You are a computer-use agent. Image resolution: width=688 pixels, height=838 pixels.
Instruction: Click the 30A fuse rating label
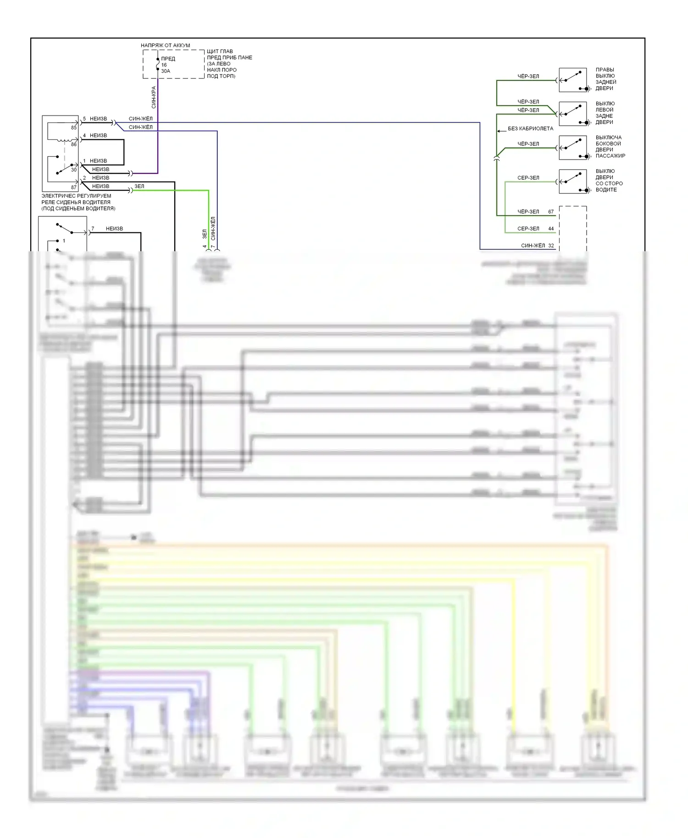coord(166,71)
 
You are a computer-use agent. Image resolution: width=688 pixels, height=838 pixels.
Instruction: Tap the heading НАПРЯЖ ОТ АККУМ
coord(165,45)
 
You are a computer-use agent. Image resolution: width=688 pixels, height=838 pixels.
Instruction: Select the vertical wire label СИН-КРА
coord(154,97)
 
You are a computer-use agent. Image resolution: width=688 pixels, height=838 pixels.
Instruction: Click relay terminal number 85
coord(73,127)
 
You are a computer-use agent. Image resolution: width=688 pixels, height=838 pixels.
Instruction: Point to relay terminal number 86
coord(73,144)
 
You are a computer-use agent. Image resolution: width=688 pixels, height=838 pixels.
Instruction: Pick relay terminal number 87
coord(73,187)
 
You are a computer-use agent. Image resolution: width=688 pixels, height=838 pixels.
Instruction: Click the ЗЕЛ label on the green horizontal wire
coord(139,186)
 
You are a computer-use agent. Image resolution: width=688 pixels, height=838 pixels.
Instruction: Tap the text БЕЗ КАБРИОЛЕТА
coord(530,128)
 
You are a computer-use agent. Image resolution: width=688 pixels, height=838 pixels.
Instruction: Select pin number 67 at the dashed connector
coord(551,212)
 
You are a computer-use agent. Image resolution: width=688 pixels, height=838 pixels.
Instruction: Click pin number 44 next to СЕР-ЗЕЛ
coord(551,228)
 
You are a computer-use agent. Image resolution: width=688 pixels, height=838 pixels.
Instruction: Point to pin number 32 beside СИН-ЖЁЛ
coord(551,245)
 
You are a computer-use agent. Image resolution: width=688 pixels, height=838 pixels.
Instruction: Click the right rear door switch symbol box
coord(573,80)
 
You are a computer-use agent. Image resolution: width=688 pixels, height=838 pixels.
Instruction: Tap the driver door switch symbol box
coord(573,182)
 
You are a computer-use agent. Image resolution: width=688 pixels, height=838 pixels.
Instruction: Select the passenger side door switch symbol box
coord(573,148)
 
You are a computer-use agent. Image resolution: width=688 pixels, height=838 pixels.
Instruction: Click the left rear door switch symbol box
coord(573,114)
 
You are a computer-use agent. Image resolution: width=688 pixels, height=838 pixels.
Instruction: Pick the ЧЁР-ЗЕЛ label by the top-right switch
coord(528,76)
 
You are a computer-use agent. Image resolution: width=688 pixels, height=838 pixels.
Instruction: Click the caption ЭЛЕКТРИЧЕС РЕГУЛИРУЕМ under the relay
coord(76,196)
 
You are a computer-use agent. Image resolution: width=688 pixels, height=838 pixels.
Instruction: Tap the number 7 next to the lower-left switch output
coord(93,228)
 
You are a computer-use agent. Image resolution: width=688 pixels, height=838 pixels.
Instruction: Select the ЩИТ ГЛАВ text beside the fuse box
coord(220,51)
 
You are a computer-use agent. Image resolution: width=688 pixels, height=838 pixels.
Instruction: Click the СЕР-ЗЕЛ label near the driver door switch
coord(528,178)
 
